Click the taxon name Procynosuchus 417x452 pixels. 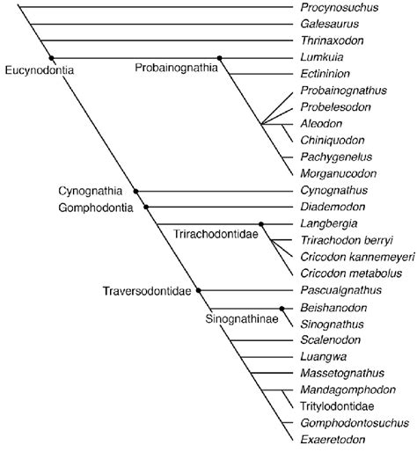(333, 9)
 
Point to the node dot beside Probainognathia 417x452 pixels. (220, 58)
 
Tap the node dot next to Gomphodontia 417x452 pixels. (146, 207)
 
